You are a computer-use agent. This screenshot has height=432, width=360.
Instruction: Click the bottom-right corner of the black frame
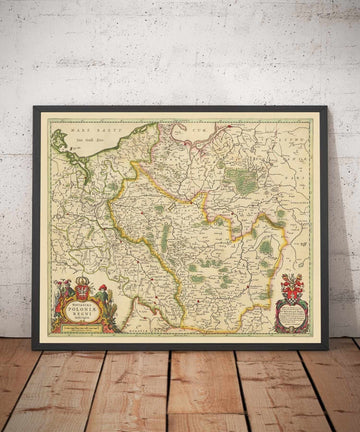pyautogui.click(x=327, y=347)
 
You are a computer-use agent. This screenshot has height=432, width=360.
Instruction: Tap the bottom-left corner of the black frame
pyautogui.click(x=34, y=347)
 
